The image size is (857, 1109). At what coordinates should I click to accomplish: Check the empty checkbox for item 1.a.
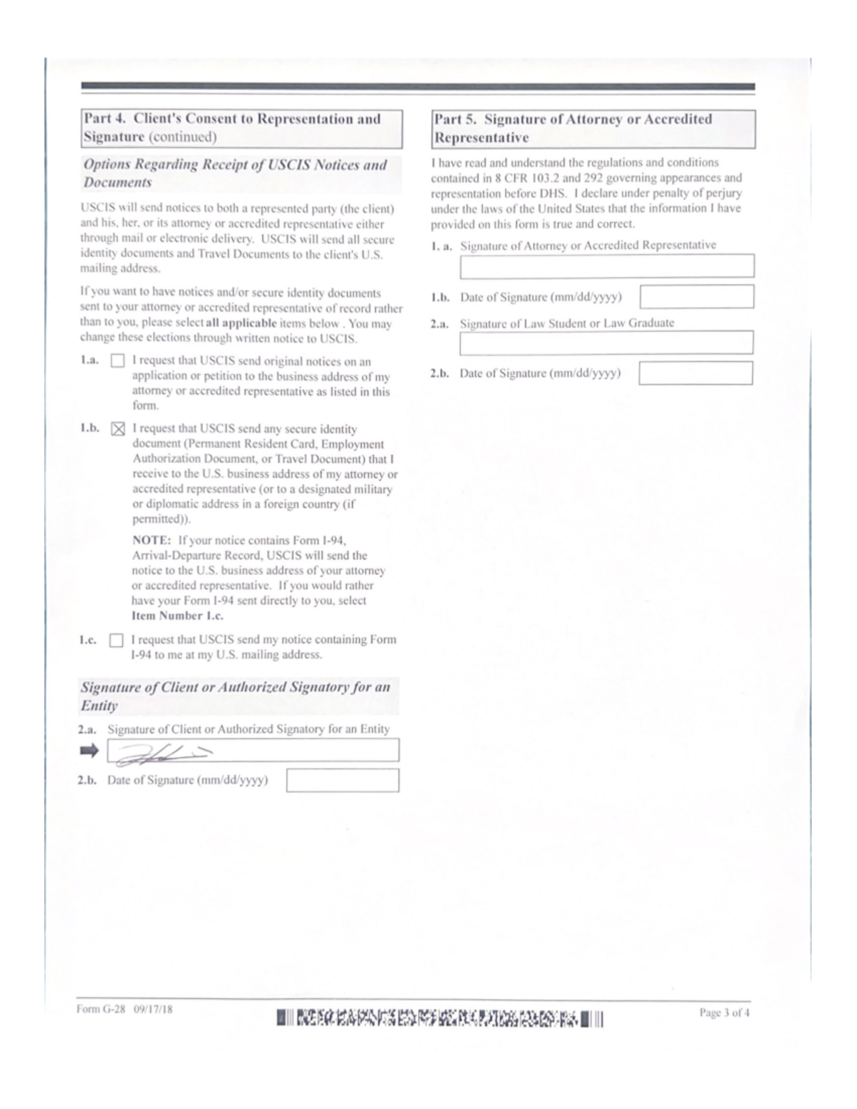(117, 361)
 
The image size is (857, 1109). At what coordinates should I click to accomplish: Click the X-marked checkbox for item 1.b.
(118, 429)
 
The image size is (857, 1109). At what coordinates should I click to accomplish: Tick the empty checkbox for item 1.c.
(116, 641)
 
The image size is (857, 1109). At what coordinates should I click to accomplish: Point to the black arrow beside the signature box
(89, 751)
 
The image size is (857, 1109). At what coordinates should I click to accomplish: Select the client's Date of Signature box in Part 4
(342, 781)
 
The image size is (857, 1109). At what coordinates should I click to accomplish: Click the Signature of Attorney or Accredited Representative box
(606, 266)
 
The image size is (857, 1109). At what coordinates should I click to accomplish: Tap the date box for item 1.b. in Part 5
(696, 296)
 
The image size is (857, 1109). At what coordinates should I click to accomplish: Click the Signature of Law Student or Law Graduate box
(606, 343)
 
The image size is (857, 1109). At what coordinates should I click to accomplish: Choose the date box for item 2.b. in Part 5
(696, 373)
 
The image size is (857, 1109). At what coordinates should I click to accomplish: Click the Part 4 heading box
(241, 129)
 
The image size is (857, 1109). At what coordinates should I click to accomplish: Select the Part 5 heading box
(593, 129)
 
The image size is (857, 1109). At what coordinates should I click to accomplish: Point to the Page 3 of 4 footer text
(724, 1013)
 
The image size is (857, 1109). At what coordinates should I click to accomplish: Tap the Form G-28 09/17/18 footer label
(124, 1010)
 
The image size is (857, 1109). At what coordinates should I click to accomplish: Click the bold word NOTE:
(151, 541)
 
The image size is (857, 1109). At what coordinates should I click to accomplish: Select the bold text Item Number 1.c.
(177, 616)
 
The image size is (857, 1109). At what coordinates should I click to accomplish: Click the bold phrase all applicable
(241, 323)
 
